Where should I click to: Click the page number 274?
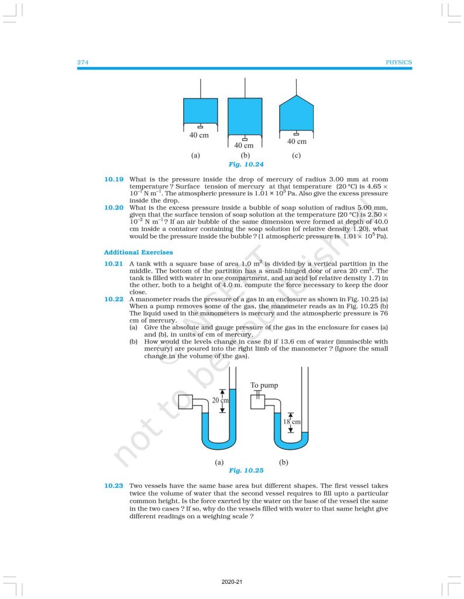pyautogui.click(x=83, y=63)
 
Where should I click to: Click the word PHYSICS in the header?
pyautogui.click(x=399, y=63)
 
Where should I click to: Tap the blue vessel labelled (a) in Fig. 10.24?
pyautogui.click(x=200, y=111)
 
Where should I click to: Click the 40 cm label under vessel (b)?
pyautogui.click(x=244, y=145)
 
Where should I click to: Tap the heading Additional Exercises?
pyautogui.click(x=138, y=252)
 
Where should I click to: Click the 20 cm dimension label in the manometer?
pyautogui.click(x=220, y=401)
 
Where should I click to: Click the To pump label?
pyautogui.click(x=264, y=385)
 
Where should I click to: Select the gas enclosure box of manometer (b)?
pyautogui.click(x=257, y=403)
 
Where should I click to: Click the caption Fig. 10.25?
pyautogui.click(x=246, y=470)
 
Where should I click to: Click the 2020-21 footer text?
pyautogui.click(x=232, y=583)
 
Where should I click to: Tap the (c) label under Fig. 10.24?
pyautogui.click(x=296, y=156)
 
